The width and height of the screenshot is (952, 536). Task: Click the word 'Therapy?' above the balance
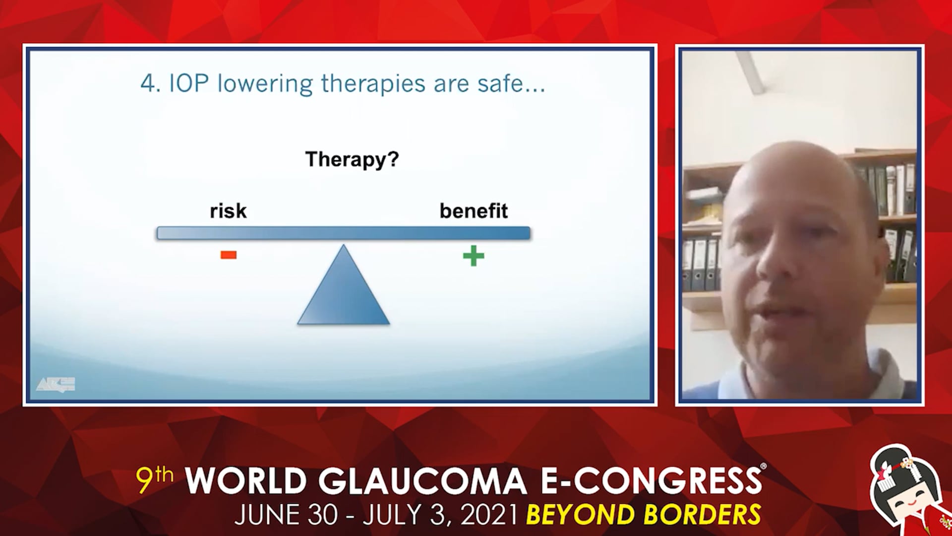tap(352, 160)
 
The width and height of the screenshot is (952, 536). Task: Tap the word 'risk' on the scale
tap(228, 211)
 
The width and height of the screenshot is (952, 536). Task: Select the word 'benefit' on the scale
tap(474, 211)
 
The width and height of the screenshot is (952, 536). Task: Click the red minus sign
tap(229, 255)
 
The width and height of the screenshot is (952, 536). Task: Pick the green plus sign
tap(474, 256)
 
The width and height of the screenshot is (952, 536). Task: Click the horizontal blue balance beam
tap(344, 233)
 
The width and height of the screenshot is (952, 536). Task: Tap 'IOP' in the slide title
tap(189, 83)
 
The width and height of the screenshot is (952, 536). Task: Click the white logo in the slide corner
tap(56, 384)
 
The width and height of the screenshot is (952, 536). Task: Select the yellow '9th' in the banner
tap(155, 479)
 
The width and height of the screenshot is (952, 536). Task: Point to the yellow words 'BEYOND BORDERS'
tap(644, 515)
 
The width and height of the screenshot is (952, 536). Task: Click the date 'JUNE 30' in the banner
tap(287, 515)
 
